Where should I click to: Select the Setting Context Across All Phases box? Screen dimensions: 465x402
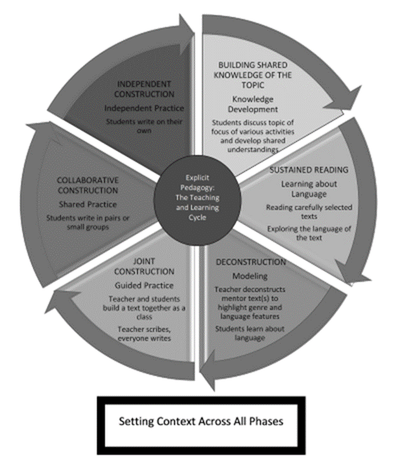pyautogui.click(x=201, y=422)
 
